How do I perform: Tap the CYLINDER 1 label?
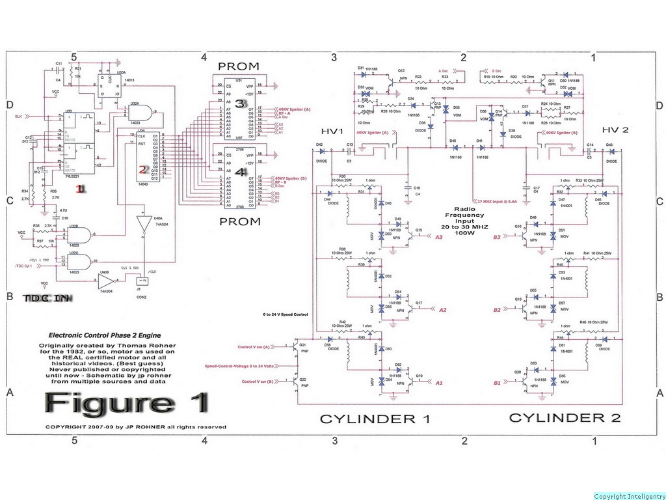click(x=375, y=419)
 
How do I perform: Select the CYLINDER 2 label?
click(x=565, y=417)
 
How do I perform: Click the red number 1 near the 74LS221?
click(x=81, y=189)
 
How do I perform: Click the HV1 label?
click(x=332, y=132)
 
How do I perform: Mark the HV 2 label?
click(x=615, y=130)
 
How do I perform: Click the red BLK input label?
click(x=20, y=116)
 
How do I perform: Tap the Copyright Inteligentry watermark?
click(x=629, y=496)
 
